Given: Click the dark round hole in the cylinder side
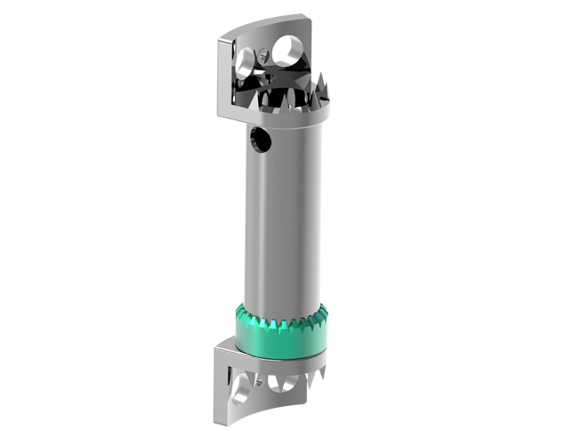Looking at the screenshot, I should tap(262, 137).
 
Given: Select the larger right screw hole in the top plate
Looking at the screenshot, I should tap(287, 50).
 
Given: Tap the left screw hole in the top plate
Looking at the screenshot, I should tap(244, 62).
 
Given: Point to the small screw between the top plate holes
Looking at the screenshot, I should tap(263, 55).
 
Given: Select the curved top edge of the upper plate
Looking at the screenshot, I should tap(267, 22).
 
